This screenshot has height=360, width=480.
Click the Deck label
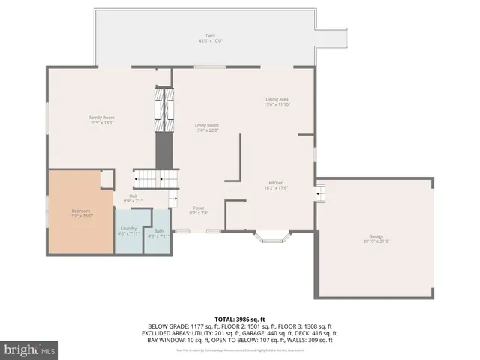(x=210, y=38)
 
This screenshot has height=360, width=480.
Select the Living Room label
(x=206, y=127)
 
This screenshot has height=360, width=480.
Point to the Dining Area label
(x=277, y=101)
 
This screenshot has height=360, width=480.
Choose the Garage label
(x=376, y=238)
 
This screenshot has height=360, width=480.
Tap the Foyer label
(x=199, y=210)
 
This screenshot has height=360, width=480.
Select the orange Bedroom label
(x=80, y=214)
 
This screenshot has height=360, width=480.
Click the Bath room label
(x=158, y=233)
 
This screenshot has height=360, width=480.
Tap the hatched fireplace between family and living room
(x=163, y=109)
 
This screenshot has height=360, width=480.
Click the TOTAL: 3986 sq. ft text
(x=240, y=319)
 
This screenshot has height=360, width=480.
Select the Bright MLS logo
(x=30, y=349)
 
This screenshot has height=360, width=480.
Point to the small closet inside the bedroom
(x=107, y=178)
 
